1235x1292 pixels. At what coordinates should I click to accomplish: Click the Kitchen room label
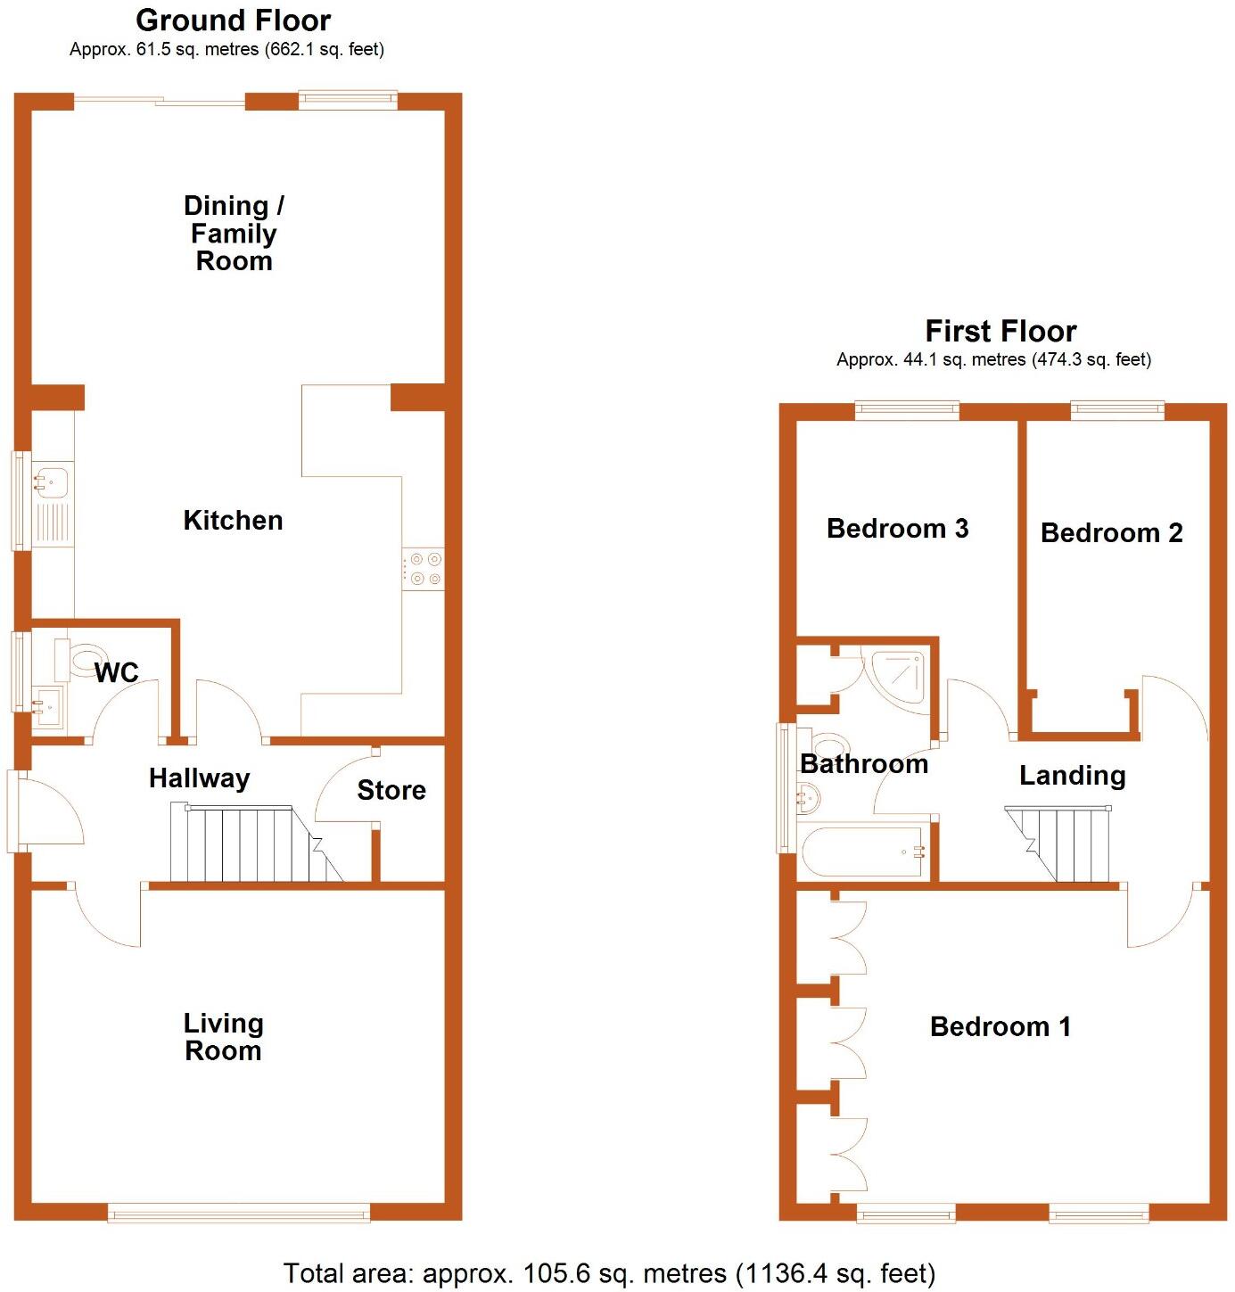(x=233, y=521)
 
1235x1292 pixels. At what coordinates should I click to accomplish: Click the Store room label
(x=391, y=790)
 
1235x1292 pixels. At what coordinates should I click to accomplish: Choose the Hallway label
(x=199, y=778)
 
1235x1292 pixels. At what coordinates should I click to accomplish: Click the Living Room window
(x=239, y=1212)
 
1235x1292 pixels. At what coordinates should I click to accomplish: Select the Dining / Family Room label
(x=234, y=233)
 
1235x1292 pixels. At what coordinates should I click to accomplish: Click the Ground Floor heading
(x=233, y=20)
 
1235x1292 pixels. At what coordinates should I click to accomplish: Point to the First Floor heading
(x=1000, y=332)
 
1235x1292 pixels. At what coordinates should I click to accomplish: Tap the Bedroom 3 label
(x=897, y=529)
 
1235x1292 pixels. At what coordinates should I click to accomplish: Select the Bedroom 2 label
(x=1111, y=533)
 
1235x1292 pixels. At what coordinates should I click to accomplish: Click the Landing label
(x=1072, y=776)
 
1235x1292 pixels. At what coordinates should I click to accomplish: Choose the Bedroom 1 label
(x=1000, y=1027)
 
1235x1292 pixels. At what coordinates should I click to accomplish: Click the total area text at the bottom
(x=609, y=1273)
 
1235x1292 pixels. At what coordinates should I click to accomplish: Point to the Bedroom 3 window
(x=907, y=410)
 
